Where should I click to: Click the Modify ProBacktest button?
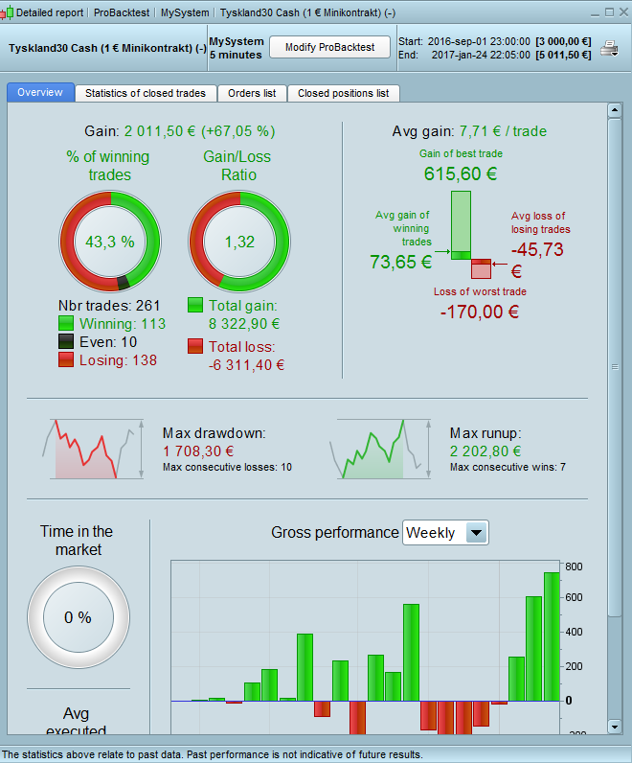pyautogui.click(x=329, y=48)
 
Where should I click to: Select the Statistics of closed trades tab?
pyautogui.click(x=146, y=93)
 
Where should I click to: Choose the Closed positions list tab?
pyautogui.click(x=343, y=93)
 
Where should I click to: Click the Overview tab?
pyautogui.click(x=40, y=93)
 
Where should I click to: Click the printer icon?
pyautogui.click(x=609, y=49)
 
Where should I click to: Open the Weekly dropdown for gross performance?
pyautogui.click(x=445, y=533)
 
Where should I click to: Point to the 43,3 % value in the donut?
pyautogui.click(x=111, y=242)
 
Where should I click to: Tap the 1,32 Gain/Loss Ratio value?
pyautogui.click(x=239, y=242)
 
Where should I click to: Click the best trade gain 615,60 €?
pyautogui.click(x=460, y=174)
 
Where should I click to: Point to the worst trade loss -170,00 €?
pyautogui.click(x=480, y=311)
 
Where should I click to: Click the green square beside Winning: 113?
pyautogui.click(x=67, y=324)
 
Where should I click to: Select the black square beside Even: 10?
pyautogui.click(x=67, y=342)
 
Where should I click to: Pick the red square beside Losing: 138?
pyautogui.click(x=67, y=360)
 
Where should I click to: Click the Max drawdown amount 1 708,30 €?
pyautogui.click(x=198, y=451)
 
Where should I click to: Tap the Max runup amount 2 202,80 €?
pyautogui.click(x=485, y=451)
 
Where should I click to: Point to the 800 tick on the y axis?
pyautogui.click(x=574, y=566)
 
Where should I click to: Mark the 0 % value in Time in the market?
pyautogui.click(x=78, y=618)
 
